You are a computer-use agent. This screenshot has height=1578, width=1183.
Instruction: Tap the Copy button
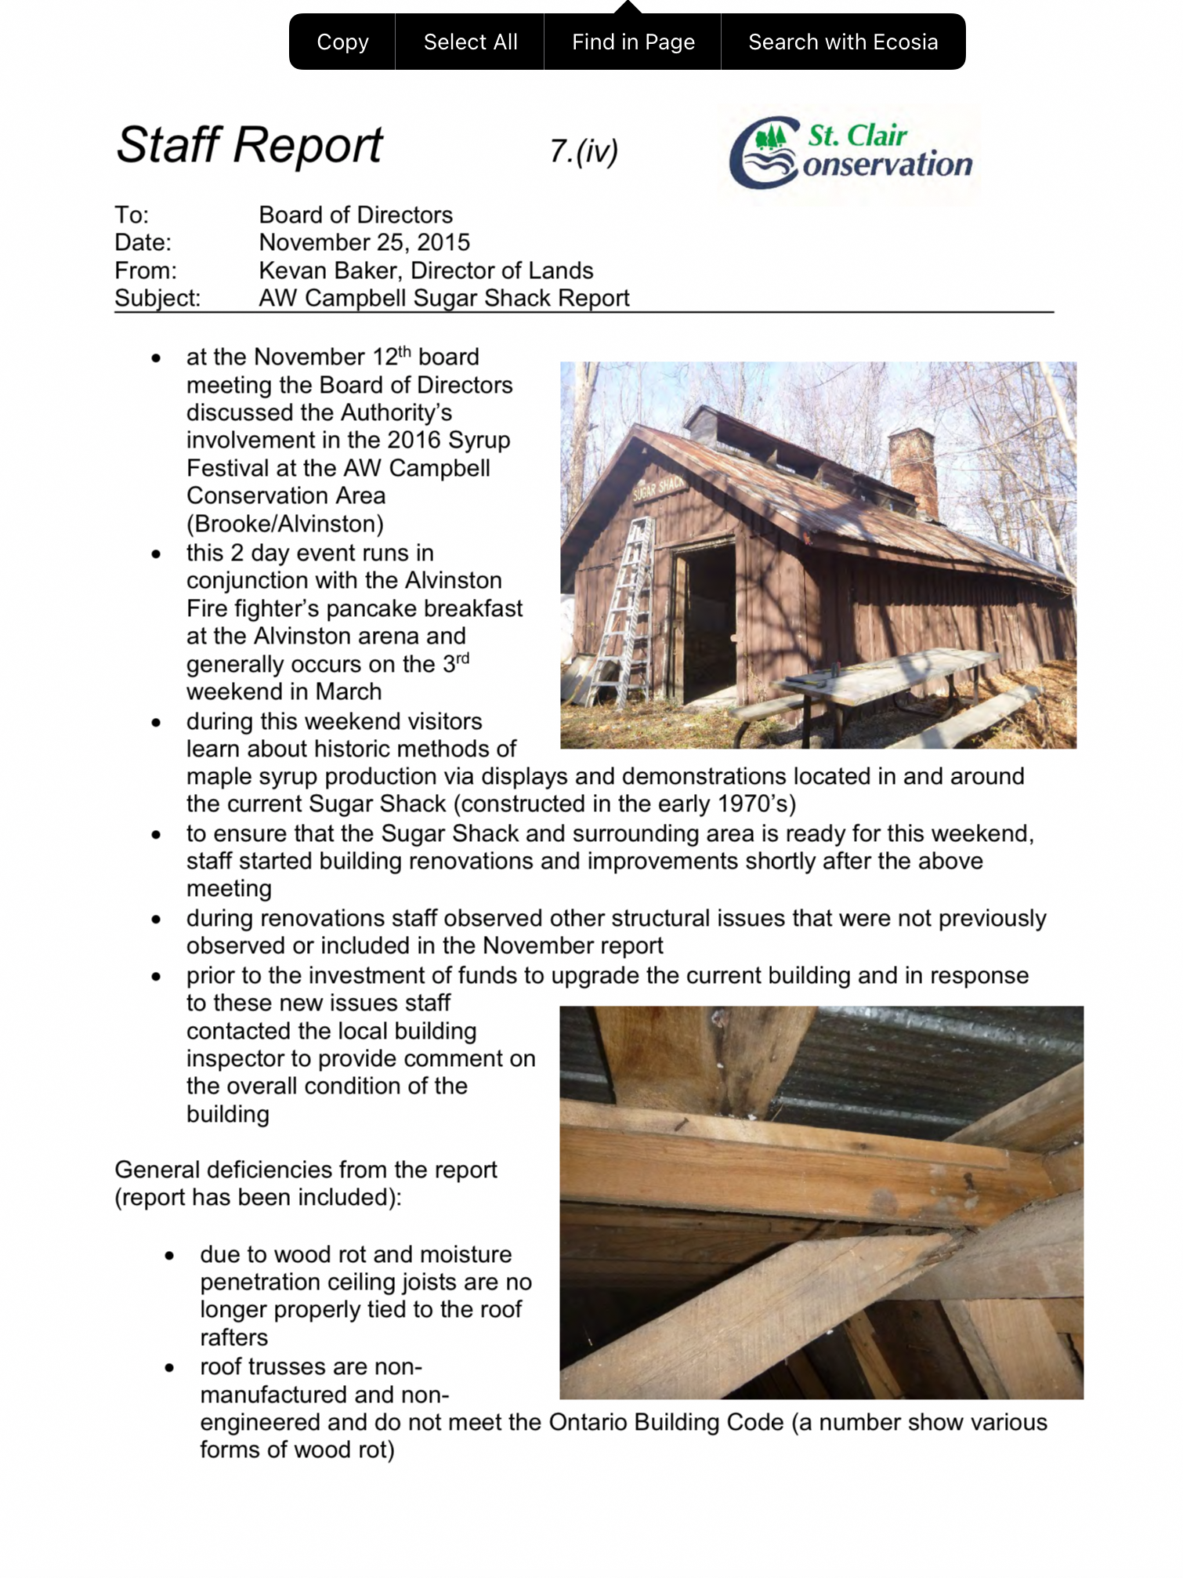(342, 42)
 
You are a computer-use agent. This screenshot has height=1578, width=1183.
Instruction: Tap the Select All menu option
(470, 42)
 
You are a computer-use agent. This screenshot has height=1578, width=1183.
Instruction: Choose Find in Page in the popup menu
(633, 42)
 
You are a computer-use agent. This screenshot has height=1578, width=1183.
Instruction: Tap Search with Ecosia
(843, 42)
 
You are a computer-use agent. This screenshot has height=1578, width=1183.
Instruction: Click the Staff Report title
(249, 146)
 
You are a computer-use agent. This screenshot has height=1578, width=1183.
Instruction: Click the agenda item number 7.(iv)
(584, 151)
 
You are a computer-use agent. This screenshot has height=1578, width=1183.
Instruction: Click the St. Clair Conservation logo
(851, 153)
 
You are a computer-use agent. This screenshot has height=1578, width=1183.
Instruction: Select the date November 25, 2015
(364, 243)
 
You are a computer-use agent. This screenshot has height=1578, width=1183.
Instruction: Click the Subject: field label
(157, 299)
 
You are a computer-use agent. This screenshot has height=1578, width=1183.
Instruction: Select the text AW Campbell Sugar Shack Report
(444, 299)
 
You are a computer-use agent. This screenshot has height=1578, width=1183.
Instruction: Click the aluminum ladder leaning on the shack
(627, 611)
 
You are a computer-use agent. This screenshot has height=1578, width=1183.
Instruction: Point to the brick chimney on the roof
(913, 470)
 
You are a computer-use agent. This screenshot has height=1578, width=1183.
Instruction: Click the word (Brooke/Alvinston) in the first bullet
(285, 524)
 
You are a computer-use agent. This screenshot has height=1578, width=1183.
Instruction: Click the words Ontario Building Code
(666, 1423)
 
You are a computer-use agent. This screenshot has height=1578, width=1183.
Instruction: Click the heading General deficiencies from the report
(306, 1170)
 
